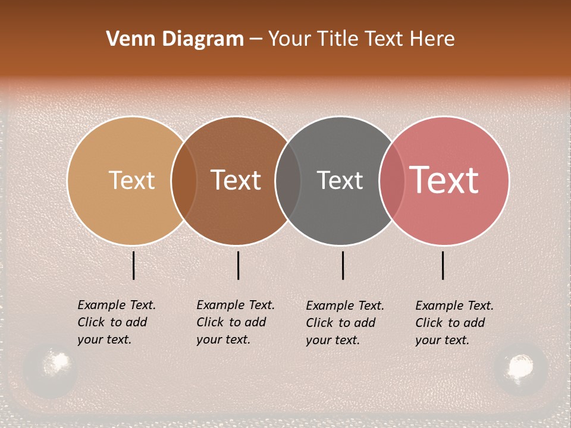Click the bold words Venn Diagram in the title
click(x=175, y=39)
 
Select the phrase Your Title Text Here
click(x=361, y=39)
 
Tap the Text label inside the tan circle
click(x=131, y=180)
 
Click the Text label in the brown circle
click(x=236, y=180)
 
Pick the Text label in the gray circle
click(x=340, y=180)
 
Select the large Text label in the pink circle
click(x=444, y=180)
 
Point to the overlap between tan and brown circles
click(x=184, y=180)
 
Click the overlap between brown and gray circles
click(x=288, y=180)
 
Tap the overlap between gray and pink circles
click(x=392, y=180)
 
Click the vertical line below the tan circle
click(x=134, y=265)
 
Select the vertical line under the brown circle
click(x=238, y=265)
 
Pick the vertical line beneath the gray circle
click(x=343, y=265)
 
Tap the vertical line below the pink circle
click(x=443, y=265)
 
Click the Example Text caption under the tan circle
click(x=117, y=322)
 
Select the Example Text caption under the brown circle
click(x=236, y=322)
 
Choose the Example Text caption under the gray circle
click(x=345, y=323)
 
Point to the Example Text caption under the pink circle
click(x=454, y=323)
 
